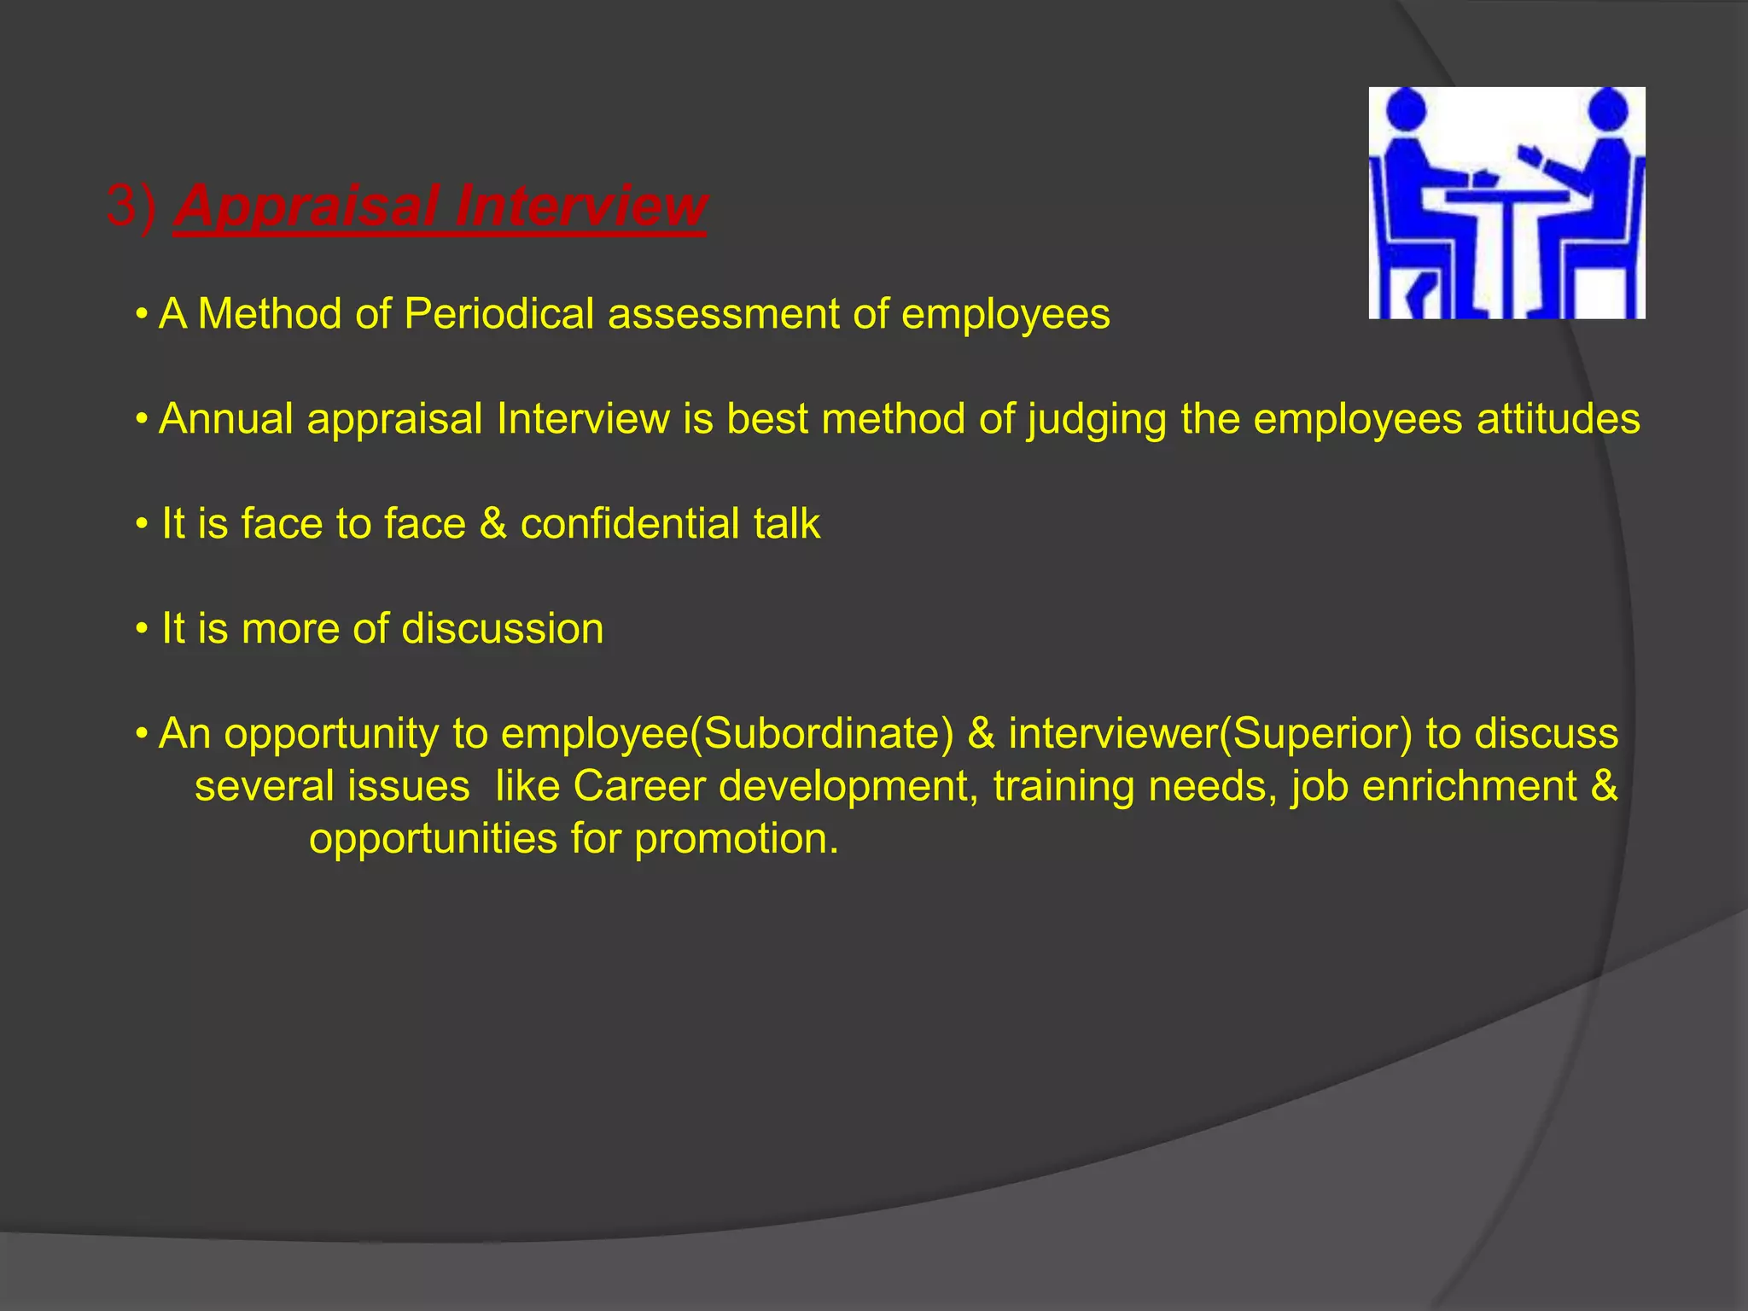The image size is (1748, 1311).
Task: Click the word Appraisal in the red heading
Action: (307, 207)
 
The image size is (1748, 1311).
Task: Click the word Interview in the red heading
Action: (580, 207)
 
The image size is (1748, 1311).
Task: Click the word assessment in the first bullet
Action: (723, 314)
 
